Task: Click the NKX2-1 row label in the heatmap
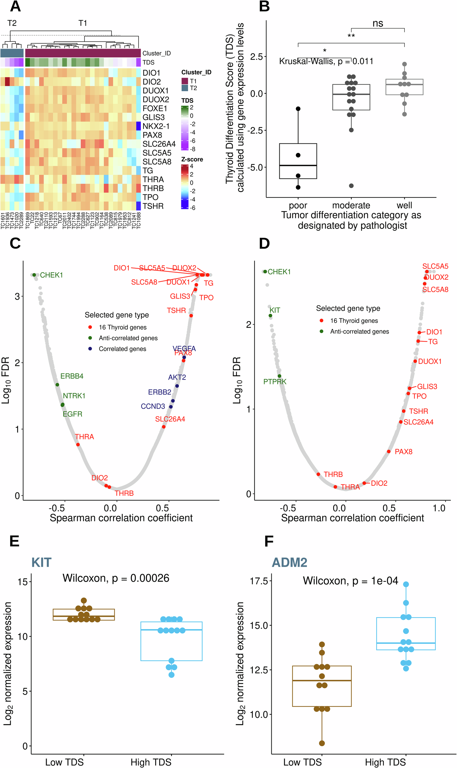(156, 126)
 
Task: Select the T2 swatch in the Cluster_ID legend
(184, 88)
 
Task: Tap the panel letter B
(264, 7)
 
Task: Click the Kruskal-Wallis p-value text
(326, 61)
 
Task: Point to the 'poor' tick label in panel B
(298, 205)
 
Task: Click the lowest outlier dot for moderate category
(351, 186)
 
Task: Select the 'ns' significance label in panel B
(377, 24)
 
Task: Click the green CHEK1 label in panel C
(51, 275)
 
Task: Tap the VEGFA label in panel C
(184, 348)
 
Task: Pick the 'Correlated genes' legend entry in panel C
(122, 349)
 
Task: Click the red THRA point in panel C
(78, 445)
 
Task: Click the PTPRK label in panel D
(275, 381)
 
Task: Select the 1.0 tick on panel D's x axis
(439, 508)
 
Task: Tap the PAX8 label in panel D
(404, 452)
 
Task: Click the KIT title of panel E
(41, 562)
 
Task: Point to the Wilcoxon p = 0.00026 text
(116, 578)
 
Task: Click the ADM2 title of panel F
(289, 562)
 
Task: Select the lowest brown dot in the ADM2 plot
(322, 743)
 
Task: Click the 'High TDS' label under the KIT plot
(151, 762)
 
